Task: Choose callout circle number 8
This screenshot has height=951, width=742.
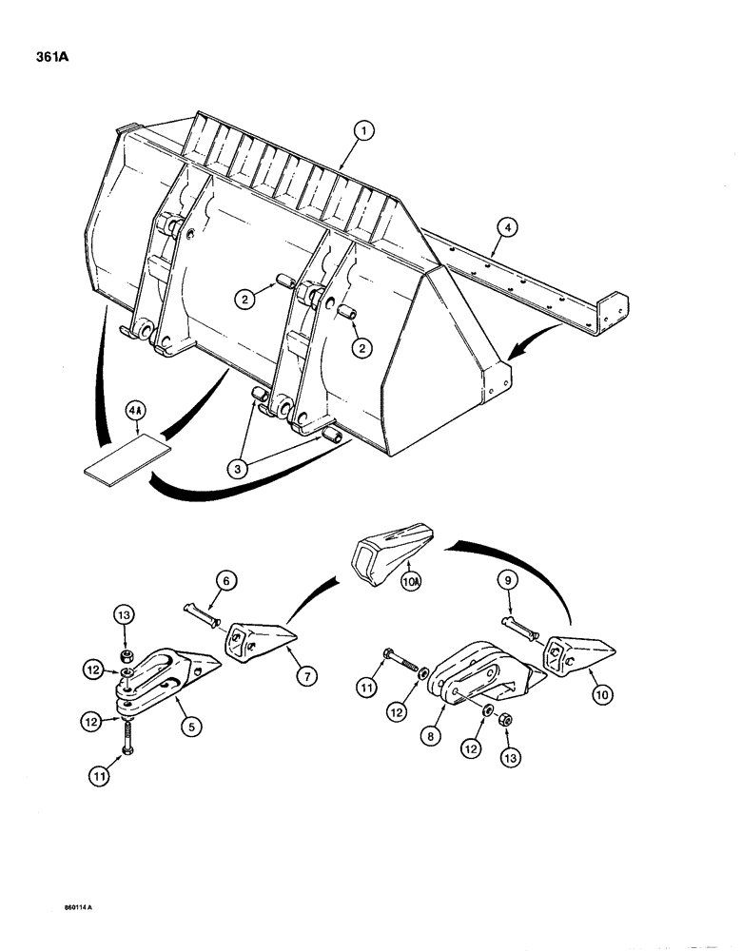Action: click(x=435, y=737)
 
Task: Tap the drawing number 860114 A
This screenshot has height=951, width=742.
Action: click(x=79, y=906)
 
